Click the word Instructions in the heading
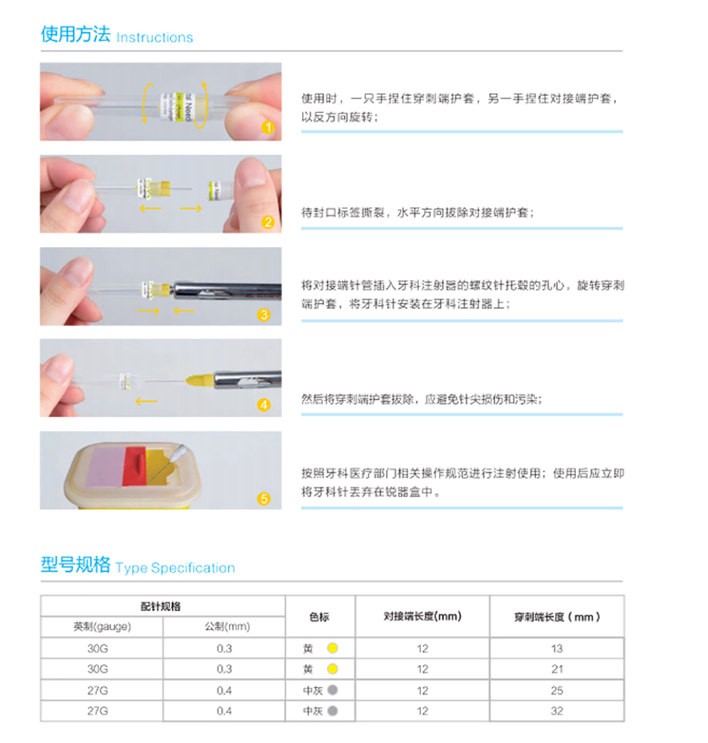click(x=154, y=37)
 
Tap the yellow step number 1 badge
click(x=268, y=127)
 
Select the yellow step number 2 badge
click(x=268, y=223)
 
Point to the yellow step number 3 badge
click(x=264, y=315)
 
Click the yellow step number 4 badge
click(x=264, y=405)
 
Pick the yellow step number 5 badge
click(x=264, y=499)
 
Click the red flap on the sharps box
click(x=134, y=466)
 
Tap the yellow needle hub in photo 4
click(x=199, y=380)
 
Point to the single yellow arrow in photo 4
click(x=146, y=402)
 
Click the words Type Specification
click(x=175, y=568)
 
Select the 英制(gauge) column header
click(x=102, y=626)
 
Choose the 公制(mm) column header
click(x=227, y=626)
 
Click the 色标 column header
click(x=319, y=616)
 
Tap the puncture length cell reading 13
click(x=557, y=648)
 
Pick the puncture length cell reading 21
click(x=557, y=669)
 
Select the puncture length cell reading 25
click(x=557, y=690)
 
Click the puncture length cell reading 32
click(x=557, y=711)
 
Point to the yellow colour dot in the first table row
click(x=332, y=648)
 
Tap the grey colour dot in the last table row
click(x=332, y=711)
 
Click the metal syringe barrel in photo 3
click(x=227, y=291)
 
